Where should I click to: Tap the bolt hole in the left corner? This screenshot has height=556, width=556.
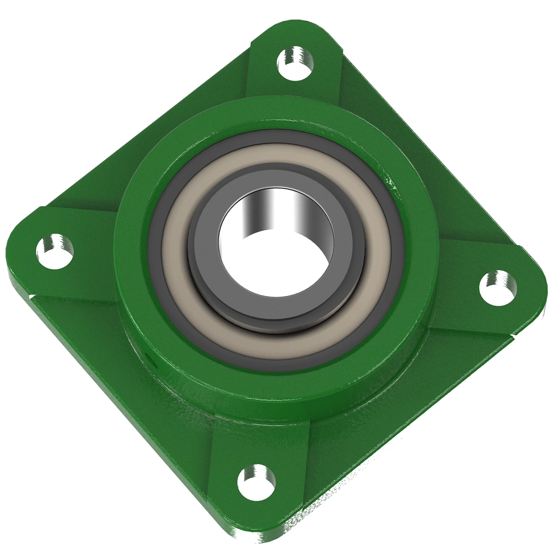pos(55,251)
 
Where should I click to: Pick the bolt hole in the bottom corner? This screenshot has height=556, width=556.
pos(256,480)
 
